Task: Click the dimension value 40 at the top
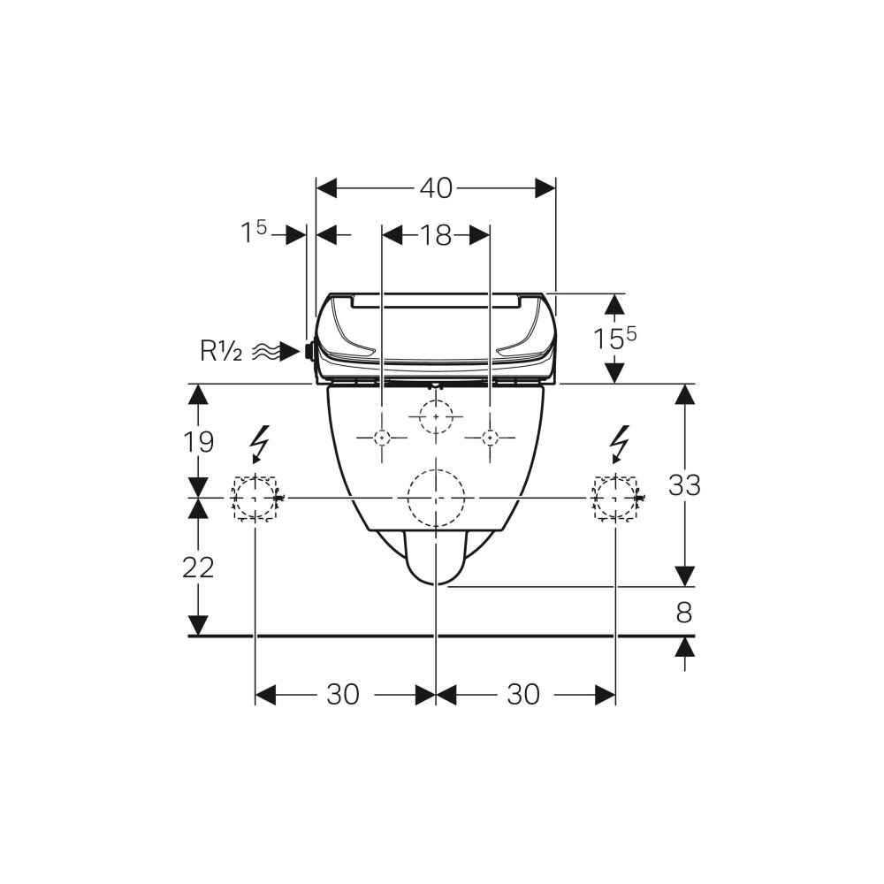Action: pos(436,188)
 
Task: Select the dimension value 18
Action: pos(436,235)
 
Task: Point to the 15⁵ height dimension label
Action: pos(614,338)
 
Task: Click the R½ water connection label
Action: pos(221,351)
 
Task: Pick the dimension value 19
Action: pos(198,442)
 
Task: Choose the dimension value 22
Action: pos(198,568)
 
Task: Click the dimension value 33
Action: pos(684,484)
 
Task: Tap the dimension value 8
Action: pos(684,613)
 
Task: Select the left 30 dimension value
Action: pos(343,695)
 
